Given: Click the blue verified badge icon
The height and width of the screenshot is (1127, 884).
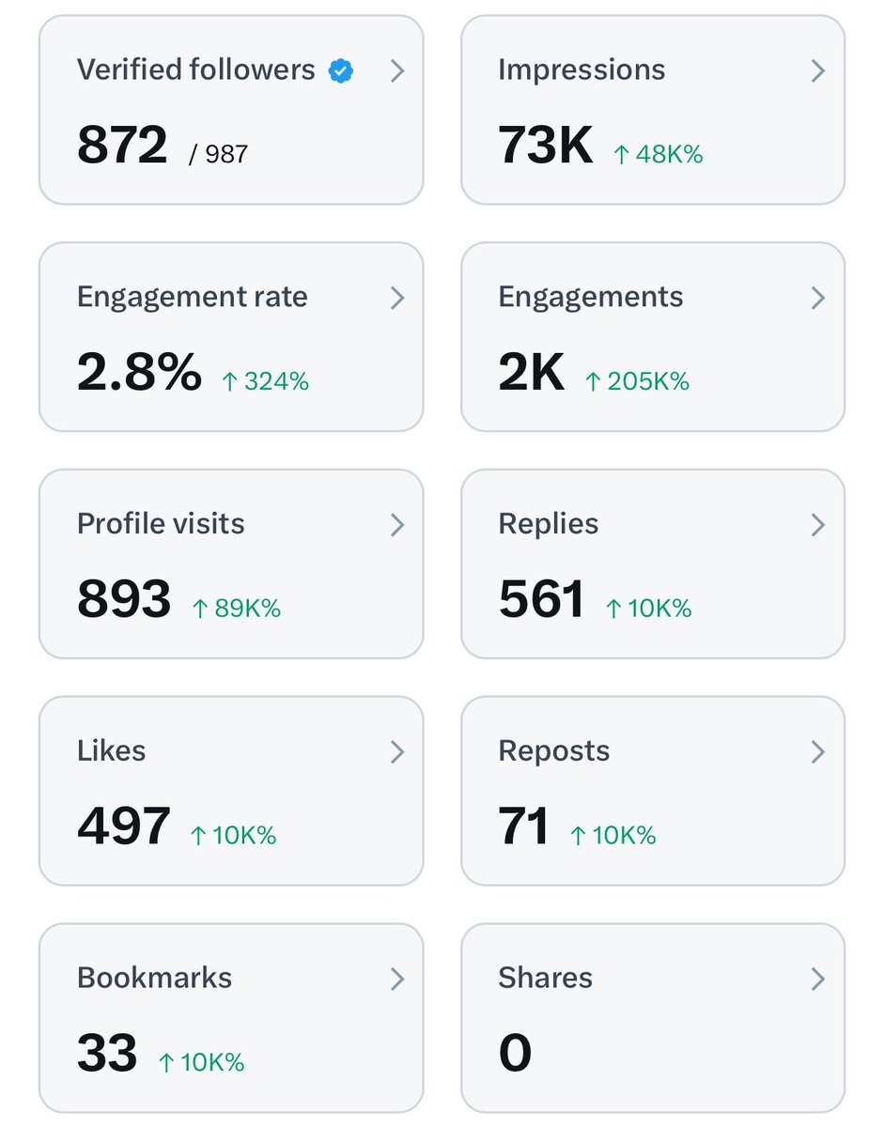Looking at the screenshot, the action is point(341,70).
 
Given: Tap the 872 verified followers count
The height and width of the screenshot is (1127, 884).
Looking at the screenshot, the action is point(122,145).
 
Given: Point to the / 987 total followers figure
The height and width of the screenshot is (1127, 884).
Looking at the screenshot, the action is point(218,154).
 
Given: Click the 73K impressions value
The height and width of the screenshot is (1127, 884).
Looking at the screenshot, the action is point(545,145).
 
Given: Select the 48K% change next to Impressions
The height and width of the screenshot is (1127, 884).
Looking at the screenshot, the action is point(659,154).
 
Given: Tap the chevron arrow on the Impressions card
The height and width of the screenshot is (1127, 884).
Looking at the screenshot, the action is point(817,70).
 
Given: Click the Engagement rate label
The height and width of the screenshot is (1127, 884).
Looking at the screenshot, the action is point(193,298).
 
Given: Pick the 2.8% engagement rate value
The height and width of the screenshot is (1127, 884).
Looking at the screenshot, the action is point(139,371).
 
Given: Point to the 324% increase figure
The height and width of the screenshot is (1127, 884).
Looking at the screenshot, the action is point(266,381).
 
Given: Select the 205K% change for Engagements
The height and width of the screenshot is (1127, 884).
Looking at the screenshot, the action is point(638,381).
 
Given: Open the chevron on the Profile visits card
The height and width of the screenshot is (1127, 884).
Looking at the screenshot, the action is point(397,525).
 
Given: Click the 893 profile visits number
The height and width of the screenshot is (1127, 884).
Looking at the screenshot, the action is point(124,598).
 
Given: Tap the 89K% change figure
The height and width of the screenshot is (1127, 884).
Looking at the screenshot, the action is point(237,609).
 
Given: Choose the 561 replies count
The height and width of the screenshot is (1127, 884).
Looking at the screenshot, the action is point(541,598).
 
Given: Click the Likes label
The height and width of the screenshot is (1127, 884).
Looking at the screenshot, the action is point(112,750).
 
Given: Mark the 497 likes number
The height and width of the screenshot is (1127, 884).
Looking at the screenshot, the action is point(123,826).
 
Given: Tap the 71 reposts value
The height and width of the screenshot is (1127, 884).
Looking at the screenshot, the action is point(523,826).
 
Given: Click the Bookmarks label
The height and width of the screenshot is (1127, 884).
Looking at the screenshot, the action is point(155,978).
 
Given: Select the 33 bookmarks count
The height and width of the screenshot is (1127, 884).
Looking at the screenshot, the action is point(107,1053).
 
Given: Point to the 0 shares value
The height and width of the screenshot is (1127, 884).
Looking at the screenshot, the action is point(515,1053).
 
